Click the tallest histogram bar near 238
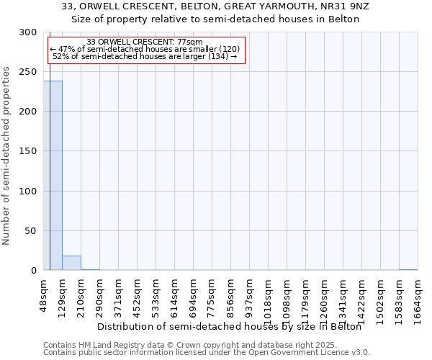coord(53,176)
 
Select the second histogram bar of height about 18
coord(71,263)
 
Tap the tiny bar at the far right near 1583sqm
coord(408,269)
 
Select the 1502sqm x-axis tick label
coord(380,293)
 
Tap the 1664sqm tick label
coord(418,293)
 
